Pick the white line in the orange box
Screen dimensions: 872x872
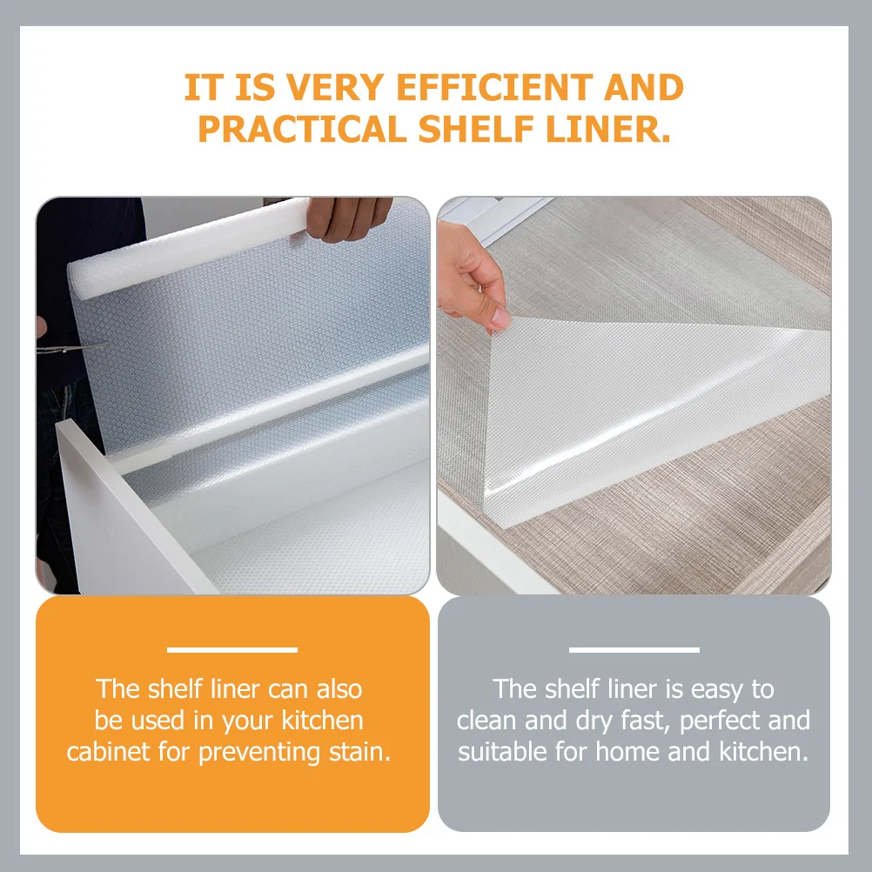[x=232, y=650]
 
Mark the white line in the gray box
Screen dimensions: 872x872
[x=634, y=650]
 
